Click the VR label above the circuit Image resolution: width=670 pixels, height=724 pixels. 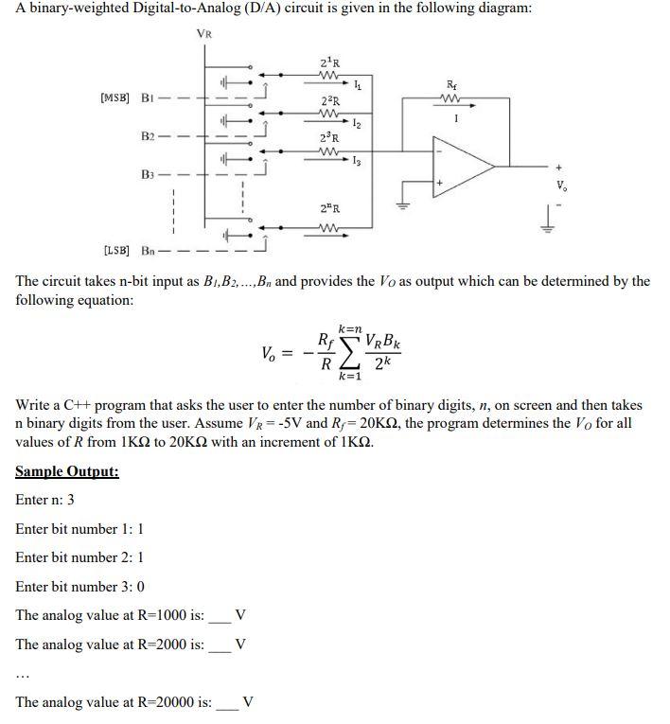pyautogui.click(x=203, y=34)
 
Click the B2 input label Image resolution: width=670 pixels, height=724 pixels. pyautogui.click(x=147, y=136)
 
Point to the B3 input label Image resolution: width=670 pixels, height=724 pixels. pyautogui.click(x=147, y=175)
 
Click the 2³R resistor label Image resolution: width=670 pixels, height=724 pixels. pyautogui.click(x=330, y=140)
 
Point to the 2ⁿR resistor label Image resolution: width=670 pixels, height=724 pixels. pyautogui.click(x=330, y=208)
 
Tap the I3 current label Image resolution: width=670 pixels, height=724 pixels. pyautogui.click(x=356, y=164)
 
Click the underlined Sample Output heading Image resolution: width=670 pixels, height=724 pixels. pyautogui.click(x=67, y=471)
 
